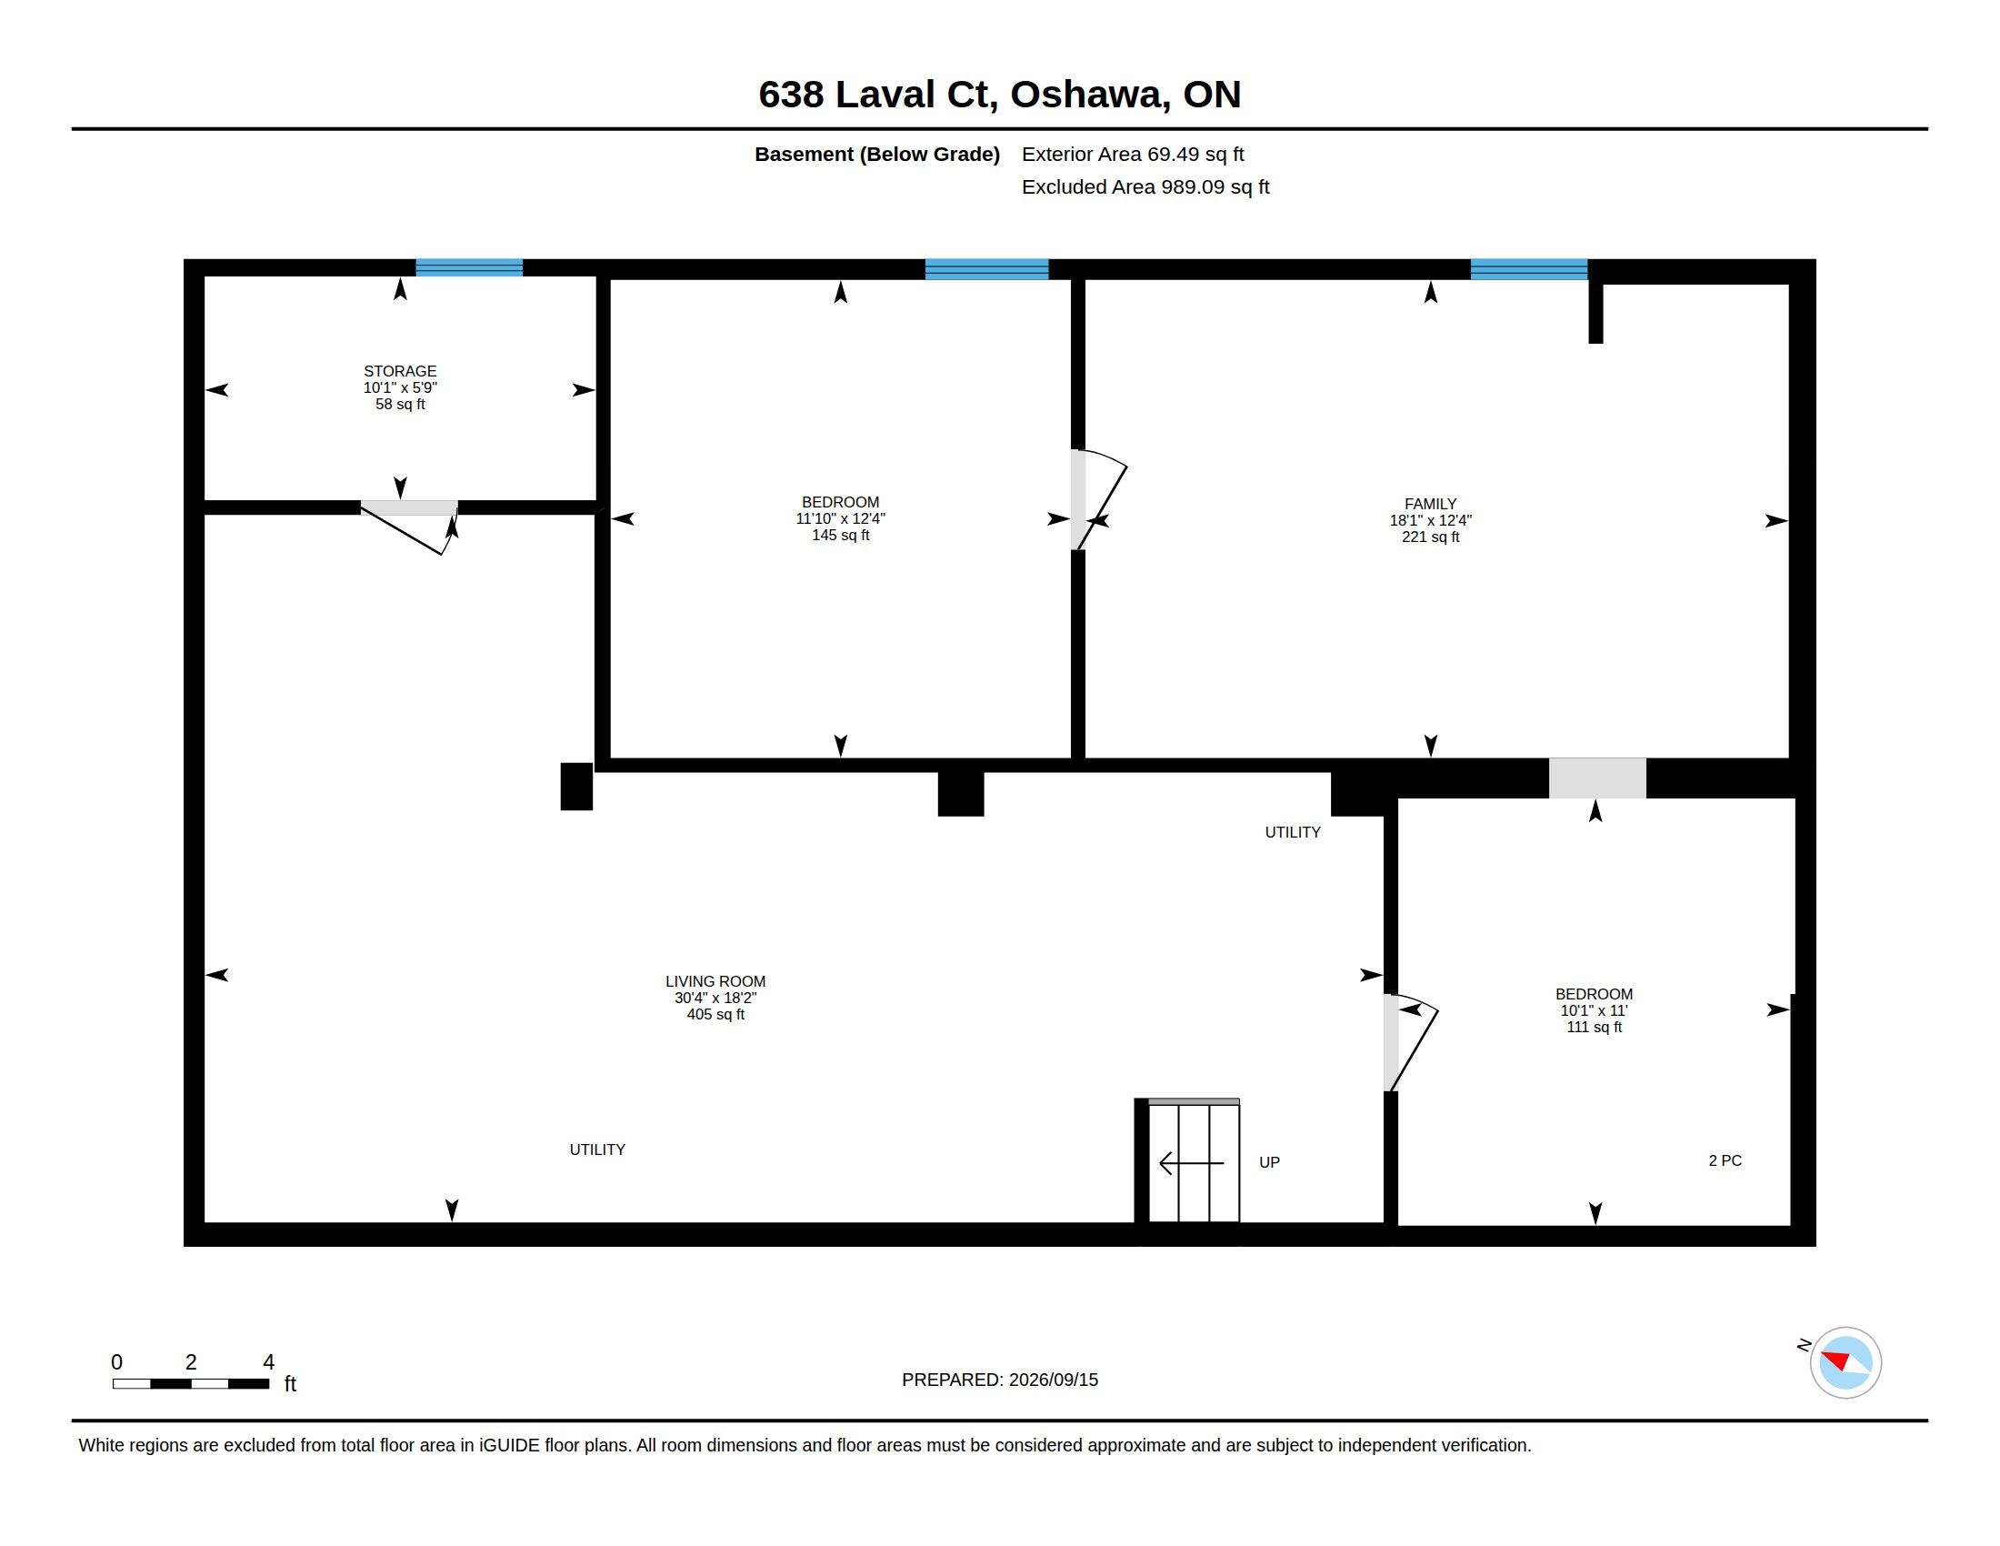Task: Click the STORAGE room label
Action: click(400, 371)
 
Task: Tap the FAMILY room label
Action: click(1430, 504)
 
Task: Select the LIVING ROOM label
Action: click(715, 981)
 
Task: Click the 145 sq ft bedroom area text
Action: click(841, 535)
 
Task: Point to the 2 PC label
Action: click(1725, 1160)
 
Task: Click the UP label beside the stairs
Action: click(1269, 1162)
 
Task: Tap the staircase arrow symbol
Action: click(1192, 1163)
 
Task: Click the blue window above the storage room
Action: click(469, 267)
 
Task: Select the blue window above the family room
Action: click(1528, 268)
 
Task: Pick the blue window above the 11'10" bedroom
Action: click(986, 268)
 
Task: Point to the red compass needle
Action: click(1836, 1359)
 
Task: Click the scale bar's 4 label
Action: click(268, 1362)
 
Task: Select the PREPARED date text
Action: click(1000, 1380)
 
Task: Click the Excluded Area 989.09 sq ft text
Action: click(1145, 186)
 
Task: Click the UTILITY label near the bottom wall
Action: click(597, 1149)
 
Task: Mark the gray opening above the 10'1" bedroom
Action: click(1597, 778)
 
